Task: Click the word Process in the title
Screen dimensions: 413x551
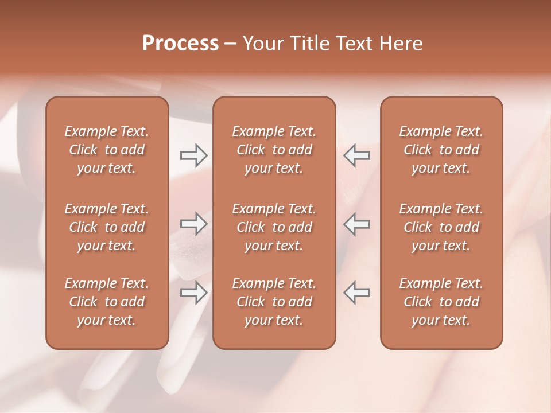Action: pos(180,43)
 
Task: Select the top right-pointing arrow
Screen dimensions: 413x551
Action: pos(193,155)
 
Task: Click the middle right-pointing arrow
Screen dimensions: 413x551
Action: pos(193,224)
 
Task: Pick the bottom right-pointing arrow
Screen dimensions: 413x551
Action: pos(193,293)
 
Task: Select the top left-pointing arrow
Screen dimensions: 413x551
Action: pos(356,155)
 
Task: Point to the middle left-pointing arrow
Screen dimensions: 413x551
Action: pos(356,224)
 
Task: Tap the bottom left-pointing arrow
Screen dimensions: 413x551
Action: pos(356,293)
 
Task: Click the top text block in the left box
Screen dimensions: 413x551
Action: pos(107,150)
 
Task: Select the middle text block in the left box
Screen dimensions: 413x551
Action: pos(107,227)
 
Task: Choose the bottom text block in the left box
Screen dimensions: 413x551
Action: pos(107,302)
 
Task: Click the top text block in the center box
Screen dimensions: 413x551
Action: pos(274,150)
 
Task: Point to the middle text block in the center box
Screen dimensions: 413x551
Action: pos(274,227)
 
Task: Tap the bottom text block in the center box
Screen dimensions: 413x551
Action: pos(274,302)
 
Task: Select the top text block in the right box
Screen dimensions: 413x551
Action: pos(441,150)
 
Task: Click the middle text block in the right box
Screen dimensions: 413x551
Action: pos(441,227)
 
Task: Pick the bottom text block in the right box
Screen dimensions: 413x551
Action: pos(441,302)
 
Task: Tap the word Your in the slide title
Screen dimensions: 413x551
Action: pos(262,43)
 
